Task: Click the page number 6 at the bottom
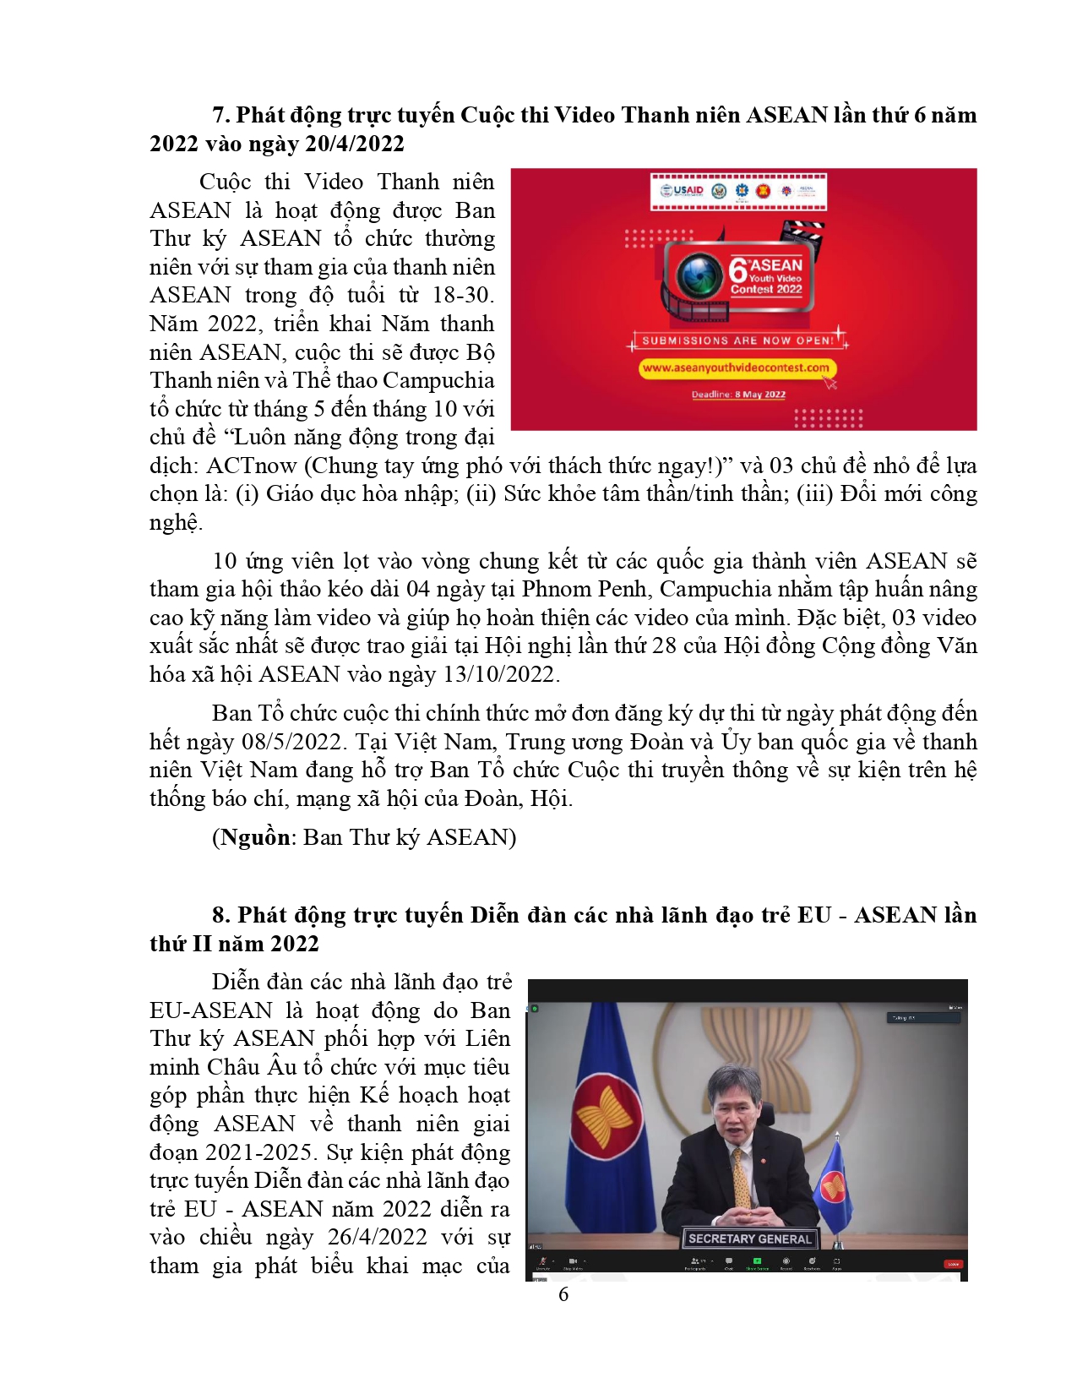[563, 1294]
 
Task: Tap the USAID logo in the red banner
[683, 190]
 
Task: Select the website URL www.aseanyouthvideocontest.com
[735, 368]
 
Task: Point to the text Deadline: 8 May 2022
[738, 395]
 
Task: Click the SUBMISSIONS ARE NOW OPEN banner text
[737, 340]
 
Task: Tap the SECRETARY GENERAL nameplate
[749, 1239]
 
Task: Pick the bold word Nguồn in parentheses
[255, 837]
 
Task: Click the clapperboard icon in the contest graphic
[802, 231]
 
